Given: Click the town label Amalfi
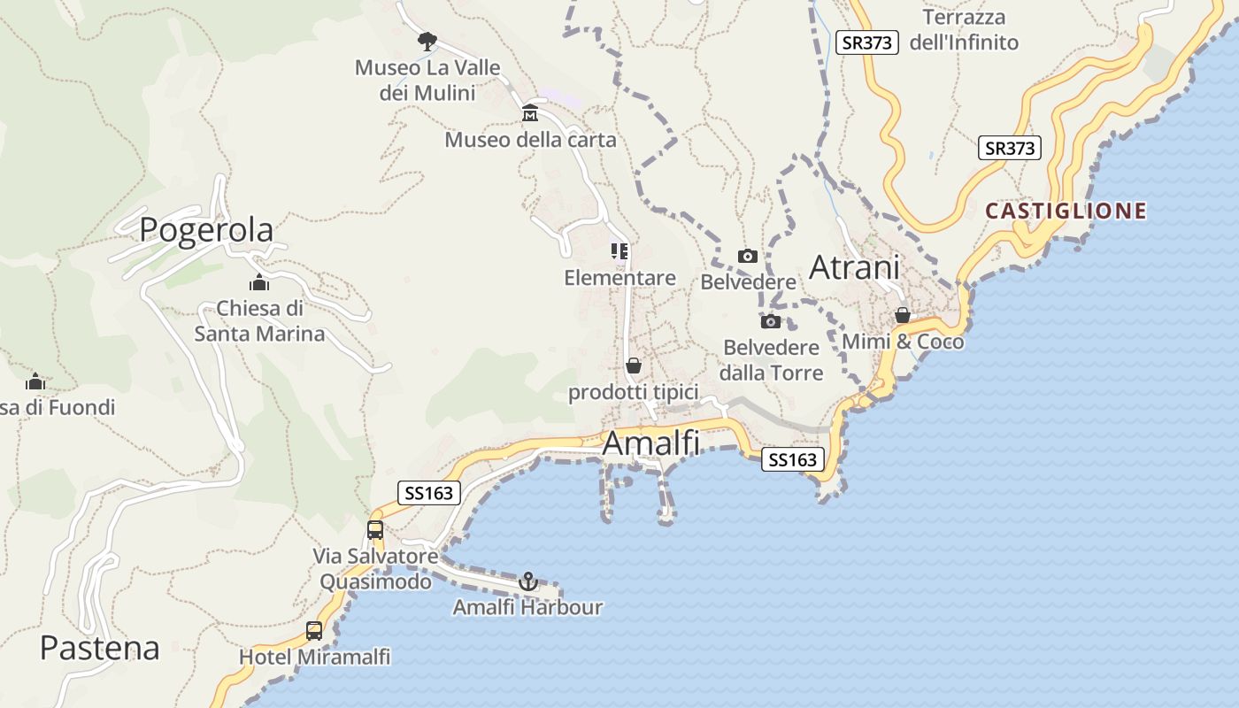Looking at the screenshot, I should pos(650,443).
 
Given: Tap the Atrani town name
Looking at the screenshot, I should pos(854,267).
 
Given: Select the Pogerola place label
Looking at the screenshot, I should pos(206,230).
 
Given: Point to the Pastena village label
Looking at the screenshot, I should pos(99,648).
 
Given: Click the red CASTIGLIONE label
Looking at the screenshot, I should pos(1066,211).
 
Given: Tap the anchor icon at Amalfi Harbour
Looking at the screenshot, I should pos(527,581).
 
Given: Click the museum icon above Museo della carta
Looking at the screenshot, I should pos(530,113).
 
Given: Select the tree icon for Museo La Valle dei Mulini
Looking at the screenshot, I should pos(427,41).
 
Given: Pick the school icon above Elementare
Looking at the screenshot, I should pos(619,251).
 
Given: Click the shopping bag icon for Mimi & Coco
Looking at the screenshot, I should pos(902,314).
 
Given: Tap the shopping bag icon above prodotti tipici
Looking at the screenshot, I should pos(633,366).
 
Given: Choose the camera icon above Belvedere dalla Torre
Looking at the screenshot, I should pos(771,321).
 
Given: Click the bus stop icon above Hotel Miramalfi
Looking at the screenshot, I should pos(314,631).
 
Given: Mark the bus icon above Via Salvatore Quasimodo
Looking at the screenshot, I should pos(375,530).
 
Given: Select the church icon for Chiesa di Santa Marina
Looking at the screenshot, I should pos(259,282).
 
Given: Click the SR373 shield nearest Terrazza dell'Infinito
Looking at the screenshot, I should pos(867,42).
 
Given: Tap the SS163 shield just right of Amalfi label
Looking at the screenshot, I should pos(792,459).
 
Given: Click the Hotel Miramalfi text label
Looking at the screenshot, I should pos(314,658).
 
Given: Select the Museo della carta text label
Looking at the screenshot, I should pos(530,140).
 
